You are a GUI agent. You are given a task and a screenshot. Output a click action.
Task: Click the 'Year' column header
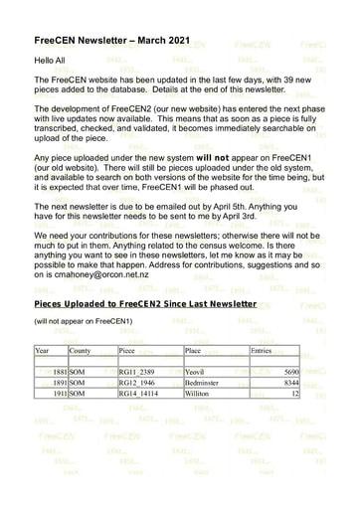click(42, 351)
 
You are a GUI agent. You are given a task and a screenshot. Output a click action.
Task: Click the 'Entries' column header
click(263, 351)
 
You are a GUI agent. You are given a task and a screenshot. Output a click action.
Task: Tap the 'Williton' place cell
click(199, 393)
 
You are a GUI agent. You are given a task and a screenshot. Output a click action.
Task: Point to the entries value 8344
click(287, 381)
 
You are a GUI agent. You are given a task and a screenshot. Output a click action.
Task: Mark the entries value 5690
click(287, 370)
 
